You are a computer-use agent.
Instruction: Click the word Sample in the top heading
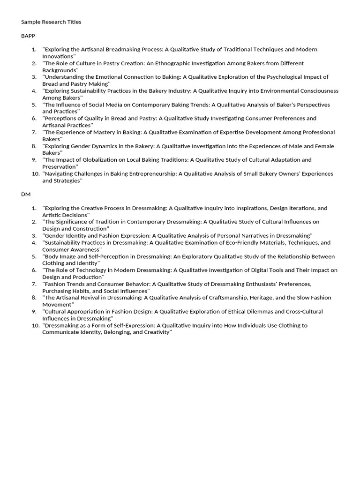[31, 22]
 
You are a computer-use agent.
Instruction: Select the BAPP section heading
[28, 36]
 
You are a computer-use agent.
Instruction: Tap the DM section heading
[26, 194]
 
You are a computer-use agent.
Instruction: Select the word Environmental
[280, 91]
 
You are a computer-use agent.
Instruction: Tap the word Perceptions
[60, 118]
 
